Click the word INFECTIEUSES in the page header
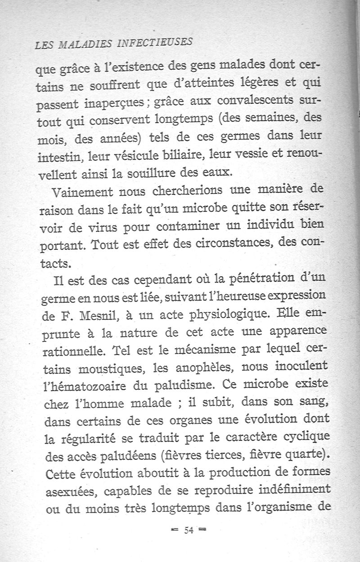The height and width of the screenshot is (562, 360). (155, 43)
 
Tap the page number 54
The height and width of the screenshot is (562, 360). (188, 530)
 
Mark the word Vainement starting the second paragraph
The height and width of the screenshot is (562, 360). (83, 194)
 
